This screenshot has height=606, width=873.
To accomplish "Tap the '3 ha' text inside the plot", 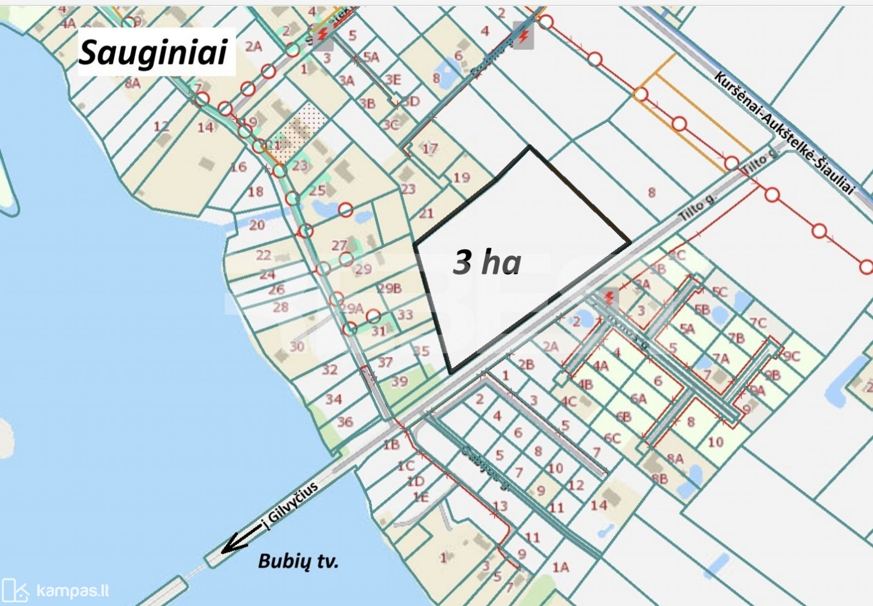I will [x=487, y=262].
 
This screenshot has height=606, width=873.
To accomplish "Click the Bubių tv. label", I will [x=298, y=561].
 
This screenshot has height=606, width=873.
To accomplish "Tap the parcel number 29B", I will [x=390, y=288].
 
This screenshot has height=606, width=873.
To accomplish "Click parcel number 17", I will [x=430, y=148].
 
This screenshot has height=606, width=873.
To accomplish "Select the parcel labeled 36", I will [x=345, y=421].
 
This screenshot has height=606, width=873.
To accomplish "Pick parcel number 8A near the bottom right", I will [x=675, y=459].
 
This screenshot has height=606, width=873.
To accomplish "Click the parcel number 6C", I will [x=612, y=438].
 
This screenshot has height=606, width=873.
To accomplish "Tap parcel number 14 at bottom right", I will [x=599, y=505].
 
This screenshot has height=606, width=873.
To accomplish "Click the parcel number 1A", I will [x=561, y=567].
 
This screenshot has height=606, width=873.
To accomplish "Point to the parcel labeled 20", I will [x=257, y=225].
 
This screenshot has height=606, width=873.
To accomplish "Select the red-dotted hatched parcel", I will [x=301, y=129].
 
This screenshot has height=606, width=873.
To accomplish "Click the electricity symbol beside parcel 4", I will [x=523, y=35].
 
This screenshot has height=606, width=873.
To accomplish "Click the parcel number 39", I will [x=399, y=381].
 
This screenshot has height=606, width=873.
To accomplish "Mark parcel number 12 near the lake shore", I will [x=161, y=126].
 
